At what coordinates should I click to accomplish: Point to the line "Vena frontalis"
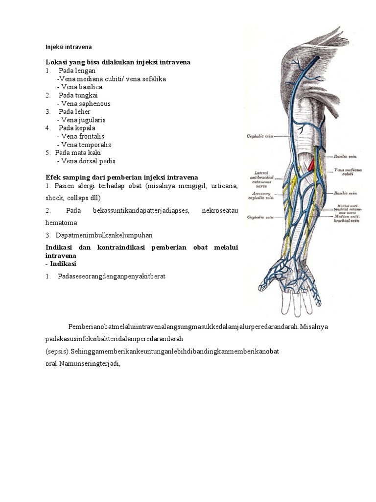[x=82, y=136]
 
